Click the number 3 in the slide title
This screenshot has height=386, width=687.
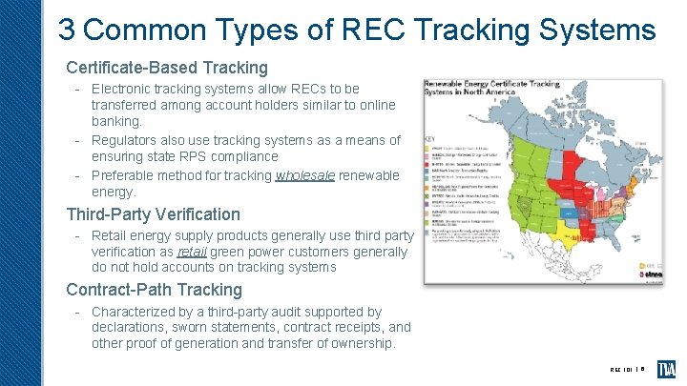pos(67,30)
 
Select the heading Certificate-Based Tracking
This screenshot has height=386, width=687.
pos(167,68)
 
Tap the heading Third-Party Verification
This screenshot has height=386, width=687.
pos(153,214)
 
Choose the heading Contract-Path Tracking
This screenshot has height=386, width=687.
pos(154,290)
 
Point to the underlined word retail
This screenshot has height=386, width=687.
pos(195,253)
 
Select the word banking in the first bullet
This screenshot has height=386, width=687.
pos(115,122)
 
